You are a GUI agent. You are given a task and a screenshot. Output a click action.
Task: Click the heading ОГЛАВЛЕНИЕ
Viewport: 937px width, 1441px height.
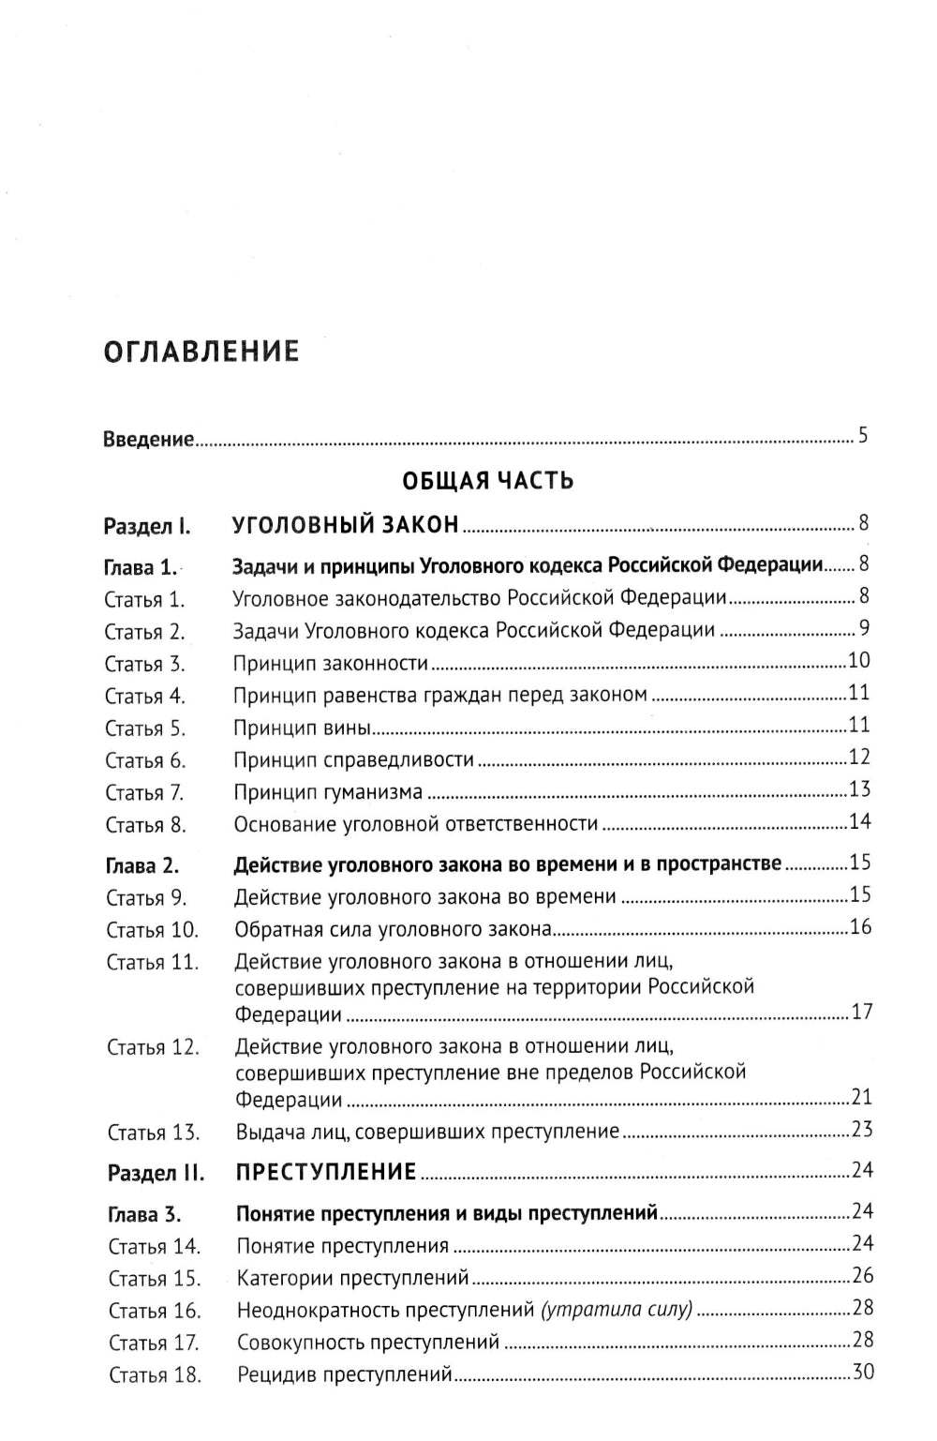tap(201, 352)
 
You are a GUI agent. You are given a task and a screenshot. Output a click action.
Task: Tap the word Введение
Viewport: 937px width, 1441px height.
tap(148, 439)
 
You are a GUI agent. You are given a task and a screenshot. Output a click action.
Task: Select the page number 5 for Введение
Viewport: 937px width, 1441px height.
tap(863, 436)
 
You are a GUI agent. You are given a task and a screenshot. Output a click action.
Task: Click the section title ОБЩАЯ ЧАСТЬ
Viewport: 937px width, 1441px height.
tap(487, 481)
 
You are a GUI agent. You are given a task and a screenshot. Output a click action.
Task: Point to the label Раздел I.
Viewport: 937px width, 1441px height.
tap(147, 526)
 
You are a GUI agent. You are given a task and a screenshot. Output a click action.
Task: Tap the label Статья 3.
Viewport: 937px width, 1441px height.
tap(145, 665)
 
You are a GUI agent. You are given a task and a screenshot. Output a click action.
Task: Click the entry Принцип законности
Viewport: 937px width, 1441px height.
tap(331, 664)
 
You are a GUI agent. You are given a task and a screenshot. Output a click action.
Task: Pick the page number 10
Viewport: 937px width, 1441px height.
tap(859, 661)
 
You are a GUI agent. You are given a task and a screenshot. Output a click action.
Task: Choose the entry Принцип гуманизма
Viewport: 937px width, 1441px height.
tap(328, 792)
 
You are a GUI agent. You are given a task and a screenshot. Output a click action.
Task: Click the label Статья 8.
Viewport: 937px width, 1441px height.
tap(145, 826)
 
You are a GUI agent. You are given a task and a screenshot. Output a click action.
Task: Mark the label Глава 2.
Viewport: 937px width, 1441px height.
tap(142, 866)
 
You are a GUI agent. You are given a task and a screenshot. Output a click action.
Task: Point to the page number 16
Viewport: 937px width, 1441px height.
tap(860, 927)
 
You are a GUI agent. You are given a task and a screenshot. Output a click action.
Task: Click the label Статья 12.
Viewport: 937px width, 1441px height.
tap(153, 1047)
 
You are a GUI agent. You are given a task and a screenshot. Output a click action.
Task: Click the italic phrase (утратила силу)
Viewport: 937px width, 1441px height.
tap(617, 1310)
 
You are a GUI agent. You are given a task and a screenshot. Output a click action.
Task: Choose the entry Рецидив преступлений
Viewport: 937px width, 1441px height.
tap(345, 1375)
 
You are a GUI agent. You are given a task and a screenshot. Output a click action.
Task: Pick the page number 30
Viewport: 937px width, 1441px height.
tap(862, 1373)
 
